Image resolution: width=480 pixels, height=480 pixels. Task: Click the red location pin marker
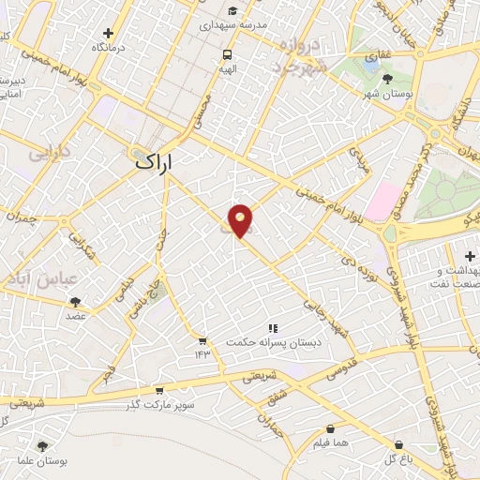(240, 220)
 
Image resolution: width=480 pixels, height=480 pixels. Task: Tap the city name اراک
(155, 162)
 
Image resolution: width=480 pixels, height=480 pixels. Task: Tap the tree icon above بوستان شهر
(388, 79)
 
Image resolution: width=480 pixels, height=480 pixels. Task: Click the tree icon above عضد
(75, 302)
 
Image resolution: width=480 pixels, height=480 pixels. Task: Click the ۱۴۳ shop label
(202, 352)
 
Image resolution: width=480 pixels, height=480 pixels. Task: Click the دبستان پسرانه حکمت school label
(273, 342)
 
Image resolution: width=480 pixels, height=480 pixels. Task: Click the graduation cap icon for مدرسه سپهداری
(231, 12)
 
